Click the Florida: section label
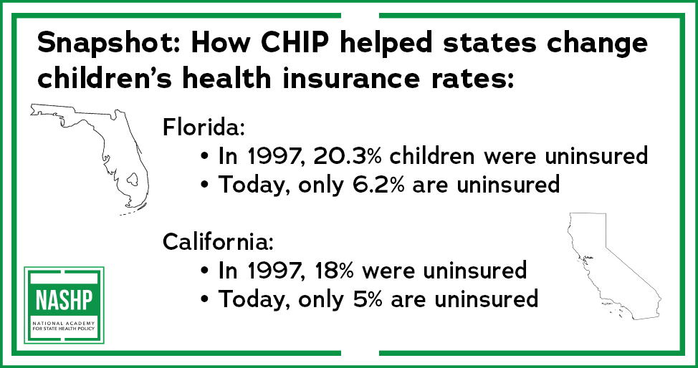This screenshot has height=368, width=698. (x=204, y=127)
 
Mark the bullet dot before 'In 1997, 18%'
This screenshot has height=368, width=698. (x=204, y=271)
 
